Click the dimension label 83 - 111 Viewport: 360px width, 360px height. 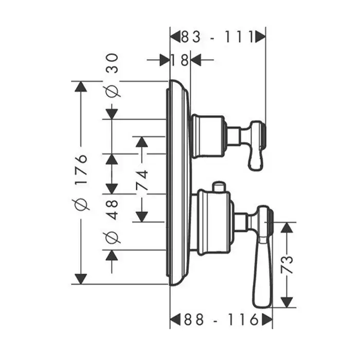click(x=218, y=37)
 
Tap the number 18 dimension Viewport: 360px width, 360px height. click(x=180, y=61)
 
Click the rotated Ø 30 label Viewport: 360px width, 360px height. click(x=112, y=75)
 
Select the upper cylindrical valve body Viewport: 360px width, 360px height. click(x=209, y=136)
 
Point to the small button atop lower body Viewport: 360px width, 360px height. click(x=220, y=185)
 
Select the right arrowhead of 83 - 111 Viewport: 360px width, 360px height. click(x=260, y=37)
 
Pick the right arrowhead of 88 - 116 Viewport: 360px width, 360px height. click(x=267, y=320)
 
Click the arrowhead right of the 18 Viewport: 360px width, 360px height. click(x=196, y=61)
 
